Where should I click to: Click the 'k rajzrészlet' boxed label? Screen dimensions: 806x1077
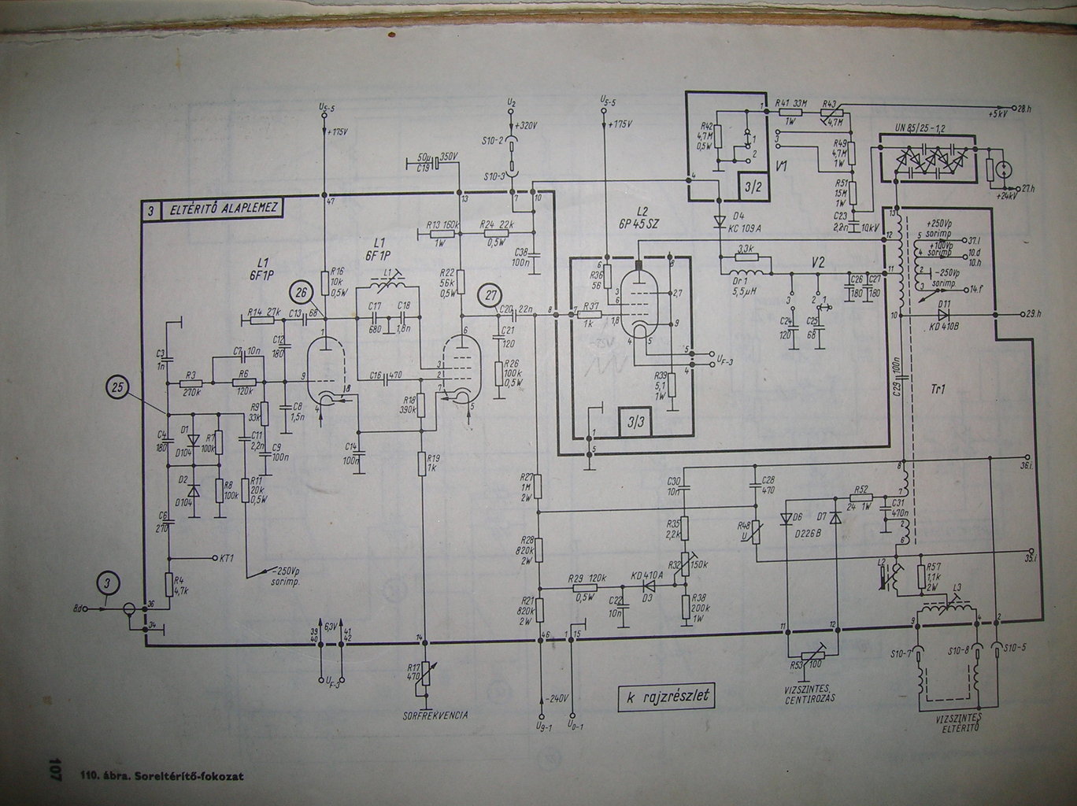click(668, 696)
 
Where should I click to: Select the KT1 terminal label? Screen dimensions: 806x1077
click(228, 557)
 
